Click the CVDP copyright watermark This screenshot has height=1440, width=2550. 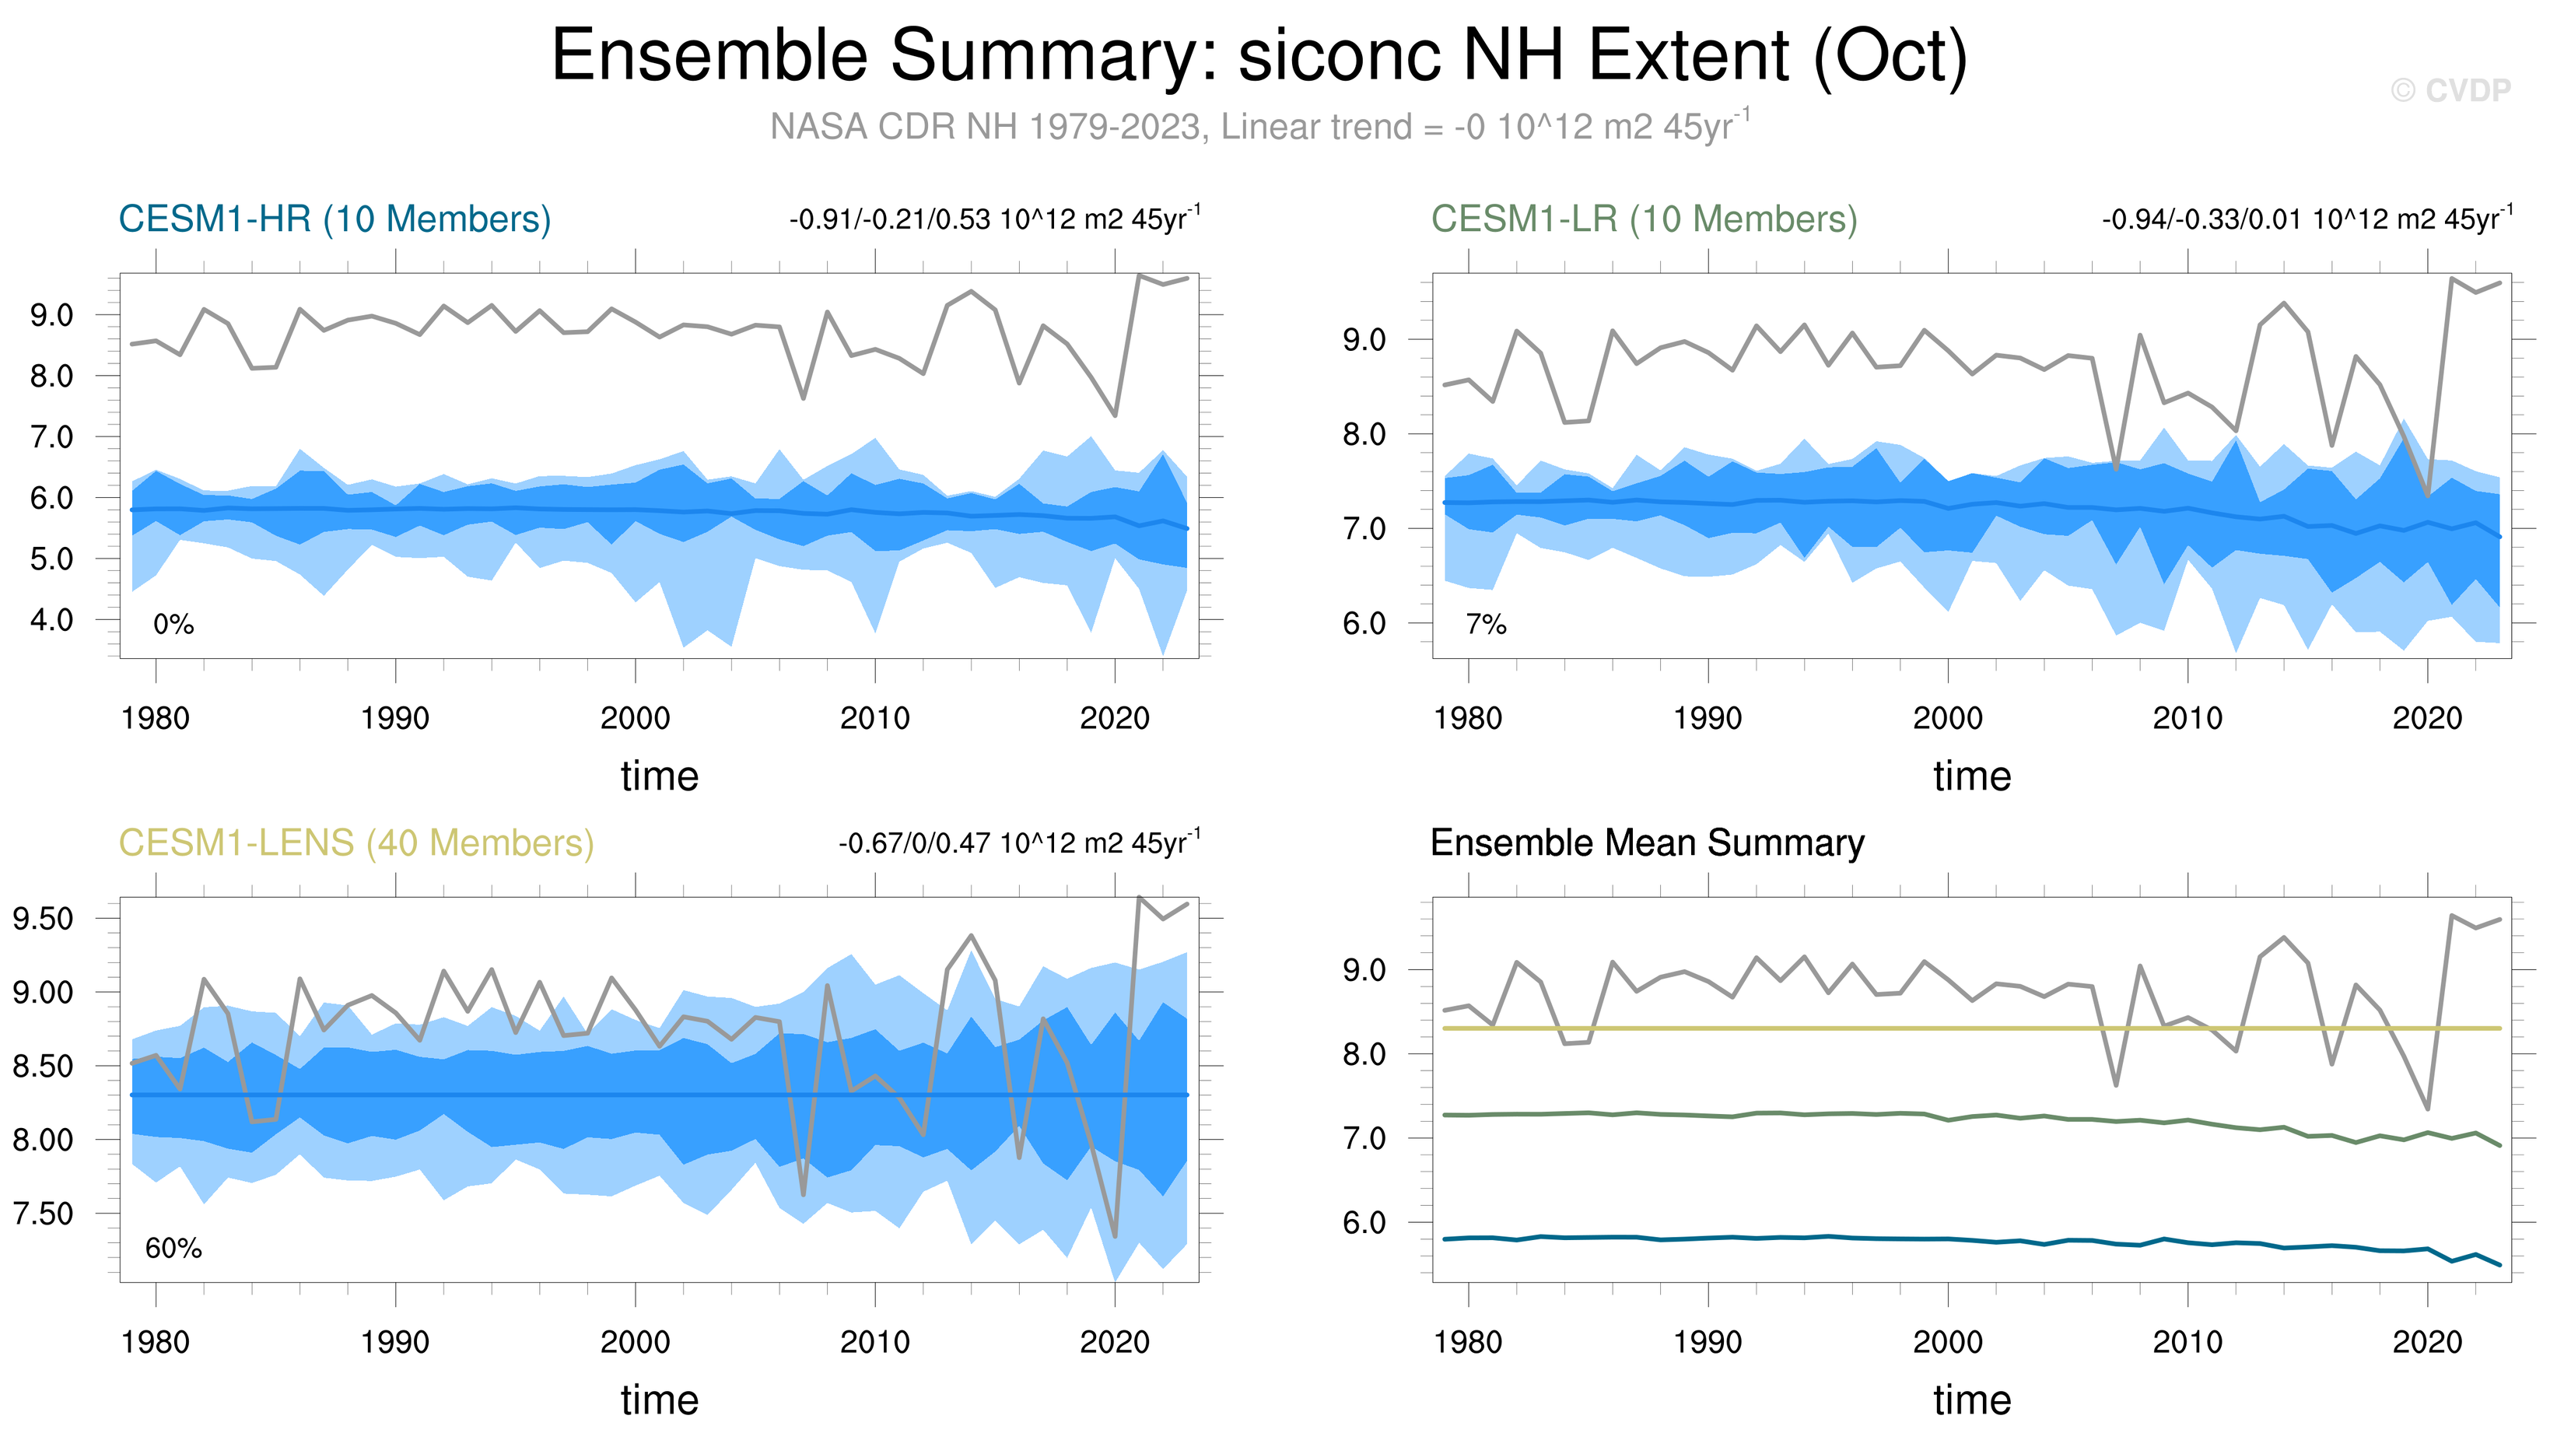2450,91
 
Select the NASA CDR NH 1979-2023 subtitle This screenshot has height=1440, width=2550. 1259,127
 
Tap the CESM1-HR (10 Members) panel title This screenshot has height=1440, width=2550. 335,219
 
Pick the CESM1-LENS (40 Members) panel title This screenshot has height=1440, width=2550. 356,843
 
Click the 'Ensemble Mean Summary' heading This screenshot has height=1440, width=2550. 1647,843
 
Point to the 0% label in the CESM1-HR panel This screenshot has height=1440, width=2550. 173,625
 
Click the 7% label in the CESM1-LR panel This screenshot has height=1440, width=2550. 1486,625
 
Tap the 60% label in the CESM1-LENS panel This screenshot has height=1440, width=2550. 173,1249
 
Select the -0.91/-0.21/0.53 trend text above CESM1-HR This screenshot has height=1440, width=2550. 994,219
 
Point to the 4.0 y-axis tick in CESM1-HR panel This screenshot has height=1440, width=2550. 51,621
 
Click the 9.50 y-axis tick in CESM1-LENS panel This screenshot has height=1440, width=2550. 43,919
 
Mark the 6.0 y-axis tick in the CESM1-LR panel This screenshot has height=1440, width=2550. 1364,623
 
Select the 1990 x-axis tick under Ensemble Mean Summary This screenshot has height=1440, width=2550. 1708,1342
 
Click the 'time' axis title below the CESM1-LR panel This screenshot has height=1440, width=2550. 1972,776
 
